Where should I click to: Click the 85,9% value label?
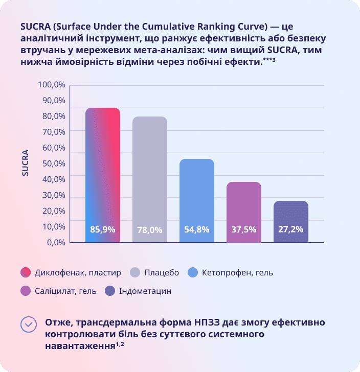pyautogui.click(x=103, y=229)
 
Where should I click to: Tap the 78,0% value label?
pyautogui.click(x=150, y=230)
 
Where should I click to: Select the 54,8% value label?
pyautogui.click(x=197, y=229)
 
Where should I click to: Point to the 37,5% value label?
pyautogui.click(x=244, y=229)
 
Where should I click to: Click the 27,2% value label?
pyautogui.click(x=291, y=229)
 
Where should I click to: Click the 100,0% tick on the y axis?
pyautogui.click(x=52, y=84)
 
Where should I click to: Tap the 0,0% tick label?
pyautogui.click(x=56, y=242)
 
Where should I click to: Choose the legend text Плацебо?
pyautogui.click(x=162, y=272)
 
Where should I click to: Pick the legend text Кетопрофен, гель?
pyautogui.click(x=237, y=272)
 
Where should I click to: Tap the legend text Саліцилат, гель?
pyautogui.click(x=65, y=291)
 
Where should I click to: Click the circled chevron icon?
pyautogui.click(x=29, y=324)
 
